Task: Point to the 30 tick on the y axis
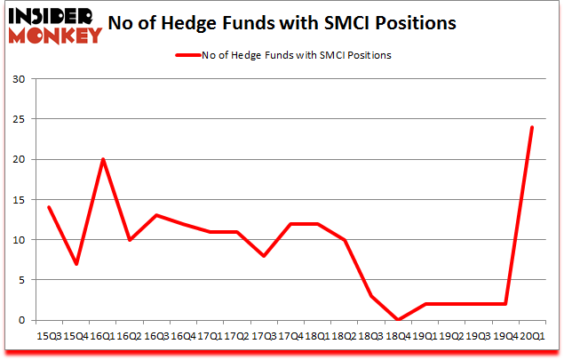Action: tap(18, 79)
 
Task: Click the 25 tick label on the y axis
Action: tap(18, 119)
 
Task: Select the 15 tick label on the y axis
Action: tap(18, 200)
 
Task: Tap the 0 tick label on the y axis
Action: tap(20, 320)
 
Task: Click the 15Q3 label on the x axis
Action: tap(50, 335)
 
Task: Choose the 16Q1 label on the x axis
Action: tap(102, 335)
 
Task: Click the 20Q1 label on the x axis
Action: tap(531, 335)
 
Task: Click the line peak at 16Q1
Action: tap(103, 159)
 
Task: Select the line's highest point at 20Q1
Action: tap(532, 127)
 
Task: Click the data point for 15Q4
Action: tap(76, 264)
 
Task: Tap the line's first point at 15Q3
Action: tap(50, 207)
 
